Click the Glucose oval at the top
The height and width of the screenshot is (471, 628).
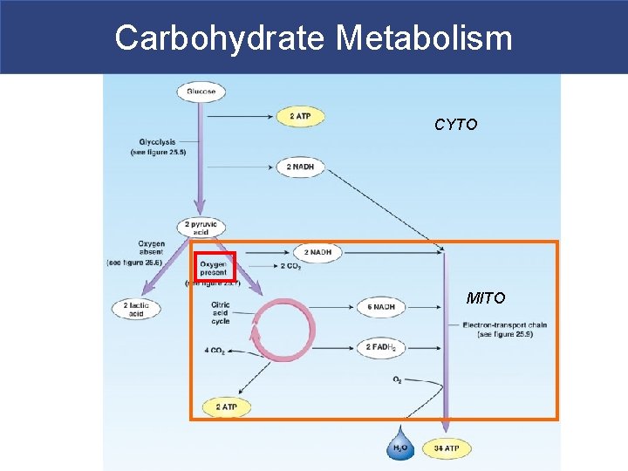pos(201,92)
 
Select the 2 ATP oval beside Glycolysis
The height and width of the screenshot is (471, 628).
pos(299,116)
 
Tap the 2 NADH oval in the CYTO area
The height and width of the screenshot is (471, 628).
pos(299,167)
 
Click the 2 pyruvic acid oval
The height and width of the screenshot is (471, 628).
pos(201,228)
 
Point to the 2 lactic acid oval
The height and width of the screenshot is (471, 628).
pos(135,308)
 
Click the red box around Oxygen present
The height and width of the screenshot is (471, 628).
pos(214,267)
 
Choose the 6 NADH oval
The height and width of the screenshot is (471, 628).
pos(381,307)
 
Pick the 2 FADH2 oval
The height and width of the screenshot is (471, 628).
pos(381,347)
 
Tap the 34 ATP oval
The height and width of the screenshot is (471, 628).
pos(445,448)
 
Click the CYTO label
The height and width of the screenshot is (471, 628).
pos(456,126)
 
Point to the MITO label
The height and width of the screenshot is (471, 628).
pos(485,298)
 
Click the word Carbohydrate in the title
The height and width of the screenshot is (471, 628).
pos(219,38)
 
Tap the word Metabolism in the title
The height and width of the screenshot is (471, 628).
pos(424,38)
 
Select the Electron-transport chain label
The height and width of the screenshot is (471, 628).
pos(505,330)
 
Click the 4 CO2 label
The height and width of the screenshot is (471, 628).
pos(215,351)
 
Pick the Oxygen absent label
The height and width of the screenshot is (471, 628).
pos(150,249)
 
